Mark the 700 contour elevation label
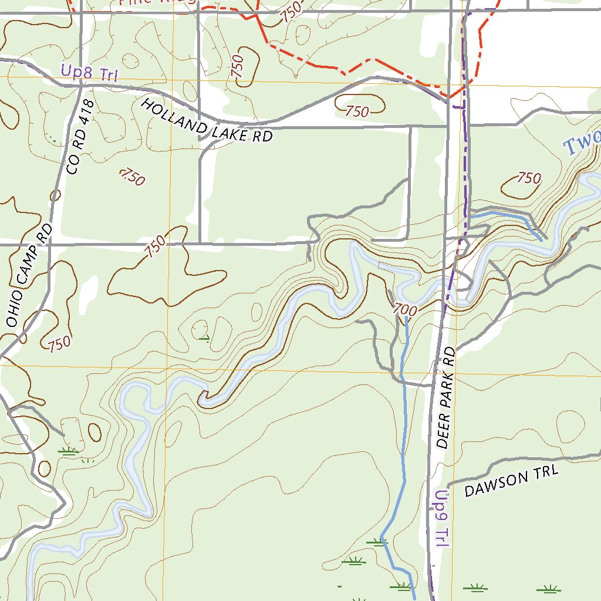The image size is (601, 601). pyautogui.click(x=404, y=309)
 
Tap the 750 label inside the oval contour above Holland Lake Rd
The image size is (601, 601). pyautogui.click(x=357, y=111)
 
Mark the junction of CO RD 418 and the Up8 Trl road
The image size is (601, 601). pyautogui.click(x=80, y=86)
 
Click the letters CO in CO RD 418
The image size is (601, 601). pyautogui.click(x=73, y=166)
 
